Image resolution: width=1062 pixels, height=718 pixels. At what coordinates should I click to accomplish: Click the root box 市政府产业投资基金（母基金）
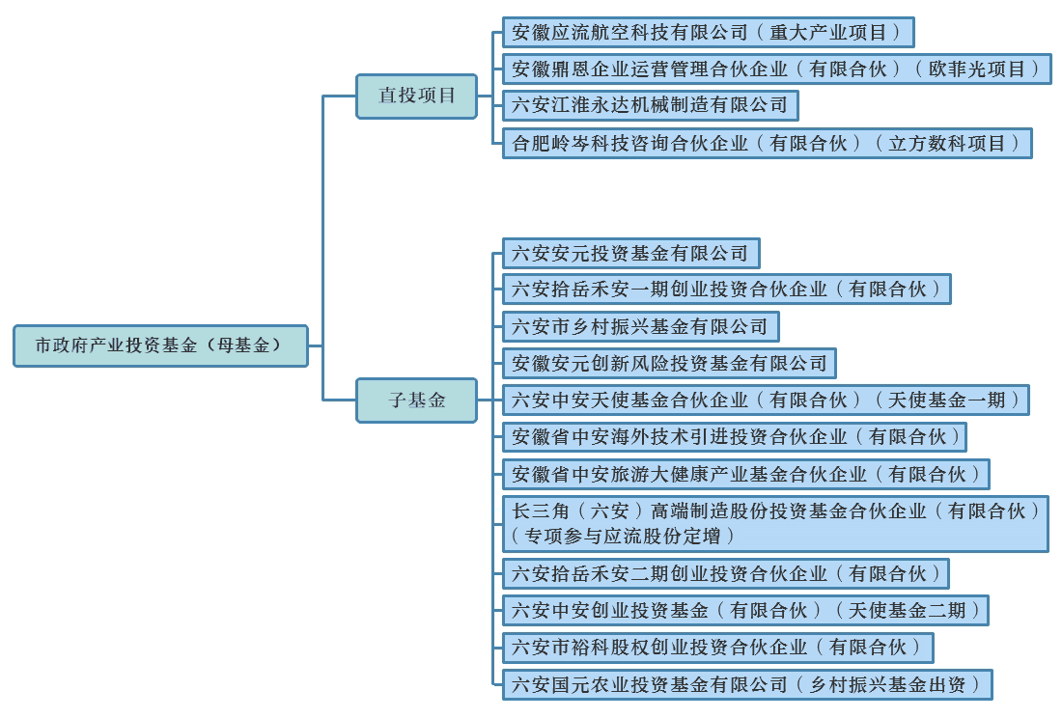[160, 345]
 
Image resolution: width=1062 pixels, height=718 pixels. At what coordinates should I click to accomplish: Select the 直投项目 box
[416, 97]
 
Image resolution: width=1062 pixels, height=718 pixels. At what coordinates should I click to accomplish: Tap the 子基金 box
[416, 400]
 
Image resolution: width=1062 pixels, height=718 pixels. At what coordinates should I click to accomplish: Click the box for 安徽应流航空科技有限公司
[709, 33]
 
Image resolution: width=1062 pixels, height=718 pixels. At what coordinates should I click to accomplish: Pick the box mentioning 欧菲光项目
[777, 69]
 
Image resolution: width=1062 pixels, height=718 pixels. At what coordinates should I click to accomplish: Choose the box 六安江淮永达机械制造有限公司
[650, 105]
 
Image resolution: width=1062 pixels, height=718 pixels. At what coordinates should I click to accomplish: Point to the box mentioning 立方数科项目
[768, 144]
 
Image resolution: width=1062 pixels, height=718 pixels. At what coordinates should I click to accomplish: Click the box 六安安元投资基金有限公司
[631, 253]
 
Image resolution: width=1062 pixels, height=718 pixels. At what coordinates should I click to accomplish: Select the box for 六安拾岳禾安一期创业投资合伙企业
[727, 289]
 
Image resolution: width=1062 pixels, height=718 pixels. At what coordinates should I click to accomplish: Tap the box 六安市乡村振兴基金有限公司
[641, 327]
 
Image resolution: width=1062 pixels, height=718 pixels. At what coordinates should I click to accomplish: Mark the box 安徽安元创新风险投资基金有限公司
[669, 364]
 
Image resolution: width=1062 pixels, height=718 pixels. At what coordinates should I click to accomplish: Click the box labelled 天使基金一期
[766, 400]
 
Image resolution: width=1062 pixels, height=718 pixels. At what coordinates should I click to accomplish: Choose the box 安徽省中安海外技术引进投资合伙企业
[734, 436]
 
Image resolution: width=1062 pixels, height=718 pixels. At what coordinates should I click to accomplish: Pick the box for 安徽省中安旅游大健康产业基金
[745, 475]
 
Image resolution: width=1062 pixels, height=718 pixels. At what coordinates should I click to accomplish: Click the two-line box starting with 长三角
[775, 524]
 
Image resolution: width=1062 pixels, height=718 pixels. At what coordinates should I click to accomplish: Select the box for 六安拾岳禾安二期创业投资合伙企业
[725, 574]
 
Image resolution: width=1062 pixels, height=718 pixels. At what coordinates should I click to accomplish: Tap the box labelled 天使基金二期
[745, 611]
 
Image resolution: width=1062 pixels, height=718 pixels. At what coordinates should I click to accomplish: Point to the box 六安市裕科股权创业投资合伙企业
[718, 648]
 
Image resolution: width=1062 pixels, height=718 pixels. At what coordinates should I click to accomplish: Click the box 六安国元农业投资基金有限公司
[747, 685]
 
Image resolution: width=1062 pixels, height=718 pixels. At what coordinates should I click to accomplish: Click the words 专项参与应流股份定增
[622, 537]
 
